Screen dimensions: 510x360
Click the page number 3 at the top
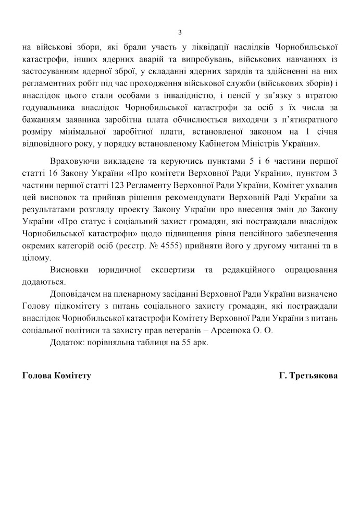pos(180,32)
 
